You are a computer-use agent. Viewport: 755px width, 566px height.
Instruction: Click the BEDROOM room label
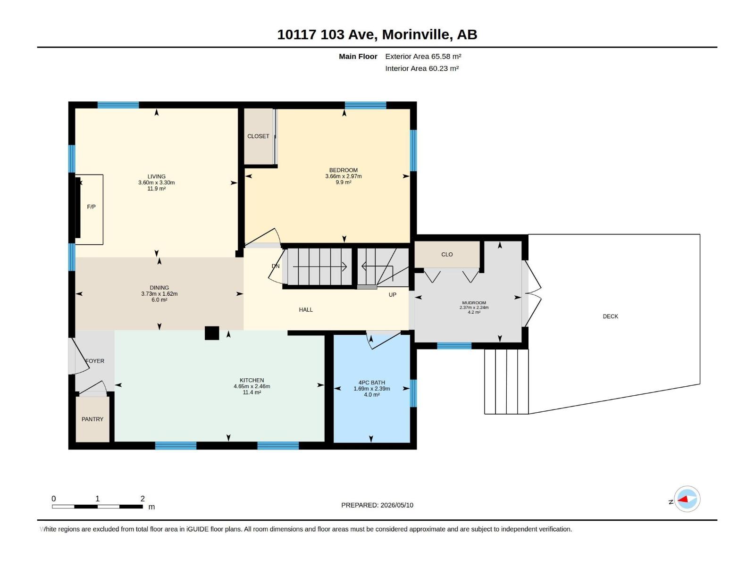coord(343,170)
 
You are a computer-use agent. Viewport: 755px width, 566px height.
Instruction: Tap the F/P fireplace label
coord(91,207)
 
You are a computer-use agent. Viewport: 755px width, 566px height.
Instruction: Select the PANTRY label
coord(92,419)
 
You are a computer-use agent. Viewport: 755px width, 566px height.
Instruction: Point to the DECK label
coord(610,316)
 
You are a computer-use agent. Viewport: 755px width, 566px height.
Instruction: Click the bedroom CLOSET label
coord(258,136)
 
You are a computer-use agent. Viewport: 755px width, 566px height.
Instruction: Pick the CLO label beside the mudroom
coord(447,255)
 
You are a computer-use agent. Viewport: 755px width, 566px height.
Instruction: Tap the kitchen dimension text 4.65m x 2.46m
coord(252,386)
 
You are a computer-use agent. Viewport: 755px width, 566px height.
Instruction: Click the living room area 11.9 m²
coord(157,189)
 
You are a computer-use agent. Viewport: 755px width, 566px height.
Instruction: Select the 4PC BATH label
coord(371,383)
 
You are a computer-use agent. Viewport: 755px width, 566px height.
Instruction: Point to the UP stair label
coord(392,295)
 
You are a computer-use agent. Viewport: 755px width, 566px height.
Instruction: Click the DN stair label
coord(276,266)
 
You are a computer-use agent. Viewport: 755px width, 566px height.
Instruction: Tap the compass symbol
coord(687,499)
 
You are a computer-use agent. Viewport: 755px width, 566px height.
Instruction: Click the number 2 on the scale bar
coord(143,499)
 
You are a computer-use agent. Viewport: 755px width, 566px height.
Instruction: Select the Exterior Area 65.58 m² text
coord(423,56)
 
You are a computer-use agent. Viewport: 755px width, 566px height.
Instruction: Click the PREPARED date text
coord(377,505)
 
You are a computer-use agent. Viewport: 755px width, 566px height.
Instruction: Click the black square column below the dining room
coord(212,333)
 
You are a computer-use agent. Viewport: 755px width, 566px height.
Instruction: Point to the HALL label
coord(305,310)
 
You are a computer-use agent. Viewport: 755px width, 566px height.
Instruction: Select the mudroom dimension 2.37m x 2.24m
coord(474,308)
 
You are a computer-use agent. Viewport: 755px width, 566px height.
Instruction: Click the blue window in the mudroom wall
coord(454,346)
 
